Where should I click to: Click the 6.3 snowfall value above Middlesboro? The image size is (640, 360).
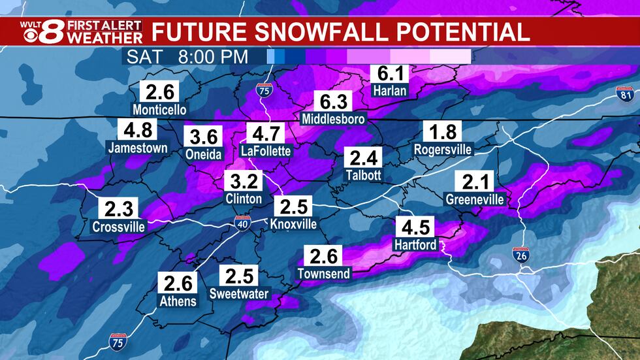[333, 102]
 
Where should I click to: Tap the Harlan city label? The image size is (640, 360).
[389, 91]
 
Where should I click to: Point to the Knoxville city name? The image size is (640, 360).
[293, 224]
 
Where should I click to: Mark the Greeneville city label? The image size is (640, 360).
[475, 199]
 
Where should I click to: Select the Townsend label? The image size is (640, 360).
[324, 272]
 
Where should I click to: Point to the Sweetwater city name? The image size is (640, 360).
[239, 294]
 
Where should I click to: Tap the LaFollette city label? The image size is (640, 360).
[266, 151]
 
